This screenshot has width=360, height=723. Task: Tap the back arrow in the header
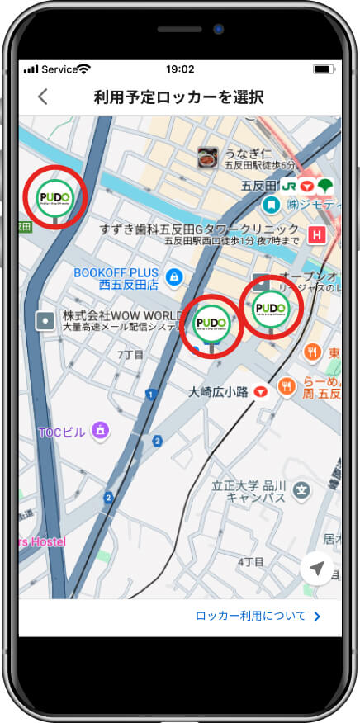(x=43, y=97)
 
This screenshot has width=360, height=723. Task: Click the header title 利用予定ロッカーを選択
(x=179, y=97)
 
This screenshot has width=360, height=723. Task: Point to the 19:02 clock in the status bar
(x=180, y=69)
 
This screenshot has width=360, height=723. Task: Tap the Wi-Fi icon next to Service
(x=83, y=69)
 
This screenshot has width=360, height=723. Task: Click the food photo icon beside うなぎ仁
(x=207, y=156)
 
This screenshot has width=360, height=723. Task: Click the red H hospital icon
(x=315, y=235)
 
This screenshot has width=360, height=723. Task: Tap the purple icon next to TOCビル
(x=101, y=429)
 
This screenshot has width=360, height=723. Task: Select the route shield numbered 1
(x=150, y=395)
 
